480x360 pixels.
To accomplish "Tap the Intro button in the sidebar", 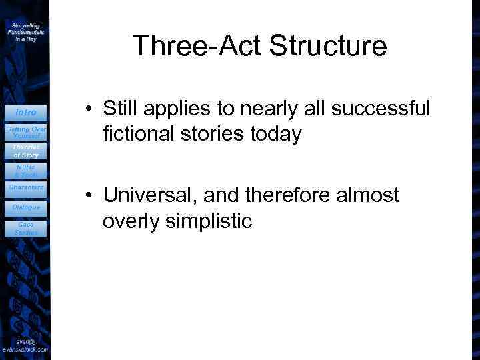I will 25,112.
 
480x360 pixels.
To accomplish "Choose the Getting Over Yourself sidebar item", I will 25,132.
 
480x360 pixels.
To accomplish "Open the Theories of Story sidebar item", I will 25,151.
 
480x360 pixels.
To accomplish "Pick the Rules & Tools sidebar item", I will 25,171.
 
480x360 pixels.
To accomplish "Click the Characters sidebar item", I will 25,187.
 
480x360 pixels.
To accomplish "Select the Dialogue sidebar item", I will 25,207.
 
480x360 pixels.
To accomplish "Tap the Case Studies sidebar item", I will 25,229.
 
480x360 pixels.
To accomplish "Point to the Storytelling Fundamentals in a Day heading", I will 25,31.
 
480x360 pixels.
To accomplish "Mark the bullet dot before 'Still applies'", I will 88,109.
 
